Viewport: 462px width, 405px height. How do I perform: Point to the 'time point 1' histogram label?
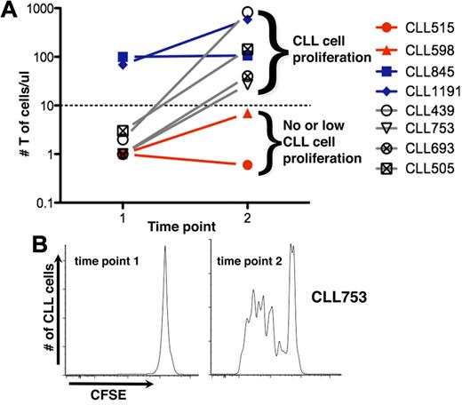[x=102, y=262]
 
